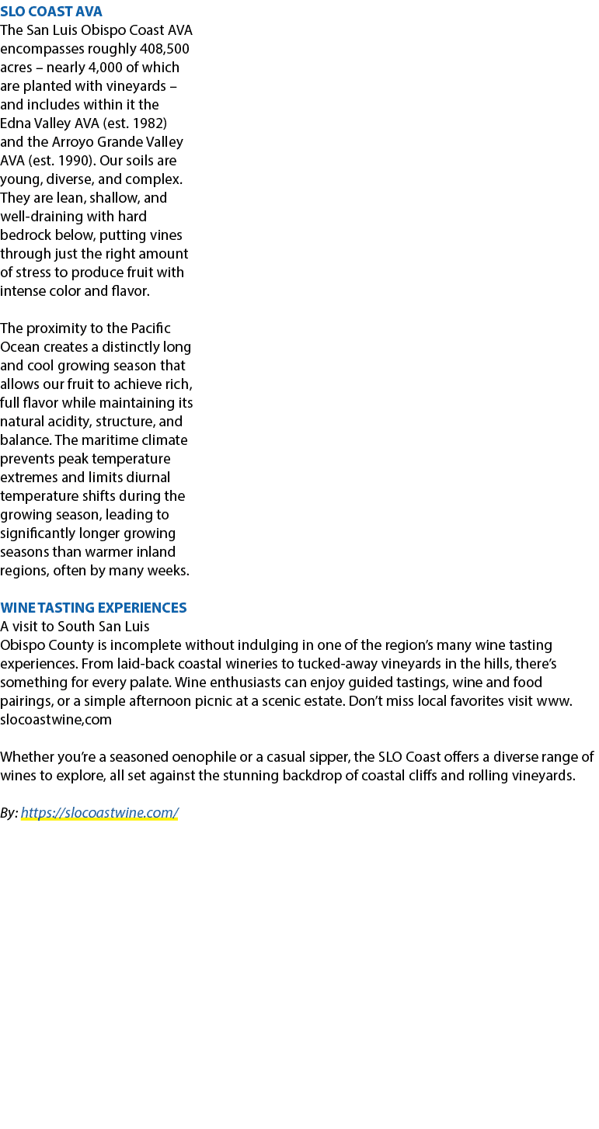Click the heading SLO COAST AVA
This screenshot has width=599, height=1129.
(x=51, y=11)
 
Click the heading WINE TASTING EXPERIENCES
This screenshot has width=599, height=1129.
(x=93, y=607)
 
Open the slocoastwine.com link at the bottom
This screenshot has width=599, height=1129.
(x=99, y=812)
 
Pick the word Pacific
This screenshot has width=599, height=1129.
(x=151, y=328)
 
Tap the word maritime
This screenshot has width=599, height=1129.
(x=107, y=440)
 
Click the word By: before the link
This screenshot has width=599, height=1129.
(x=9, y=812)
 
